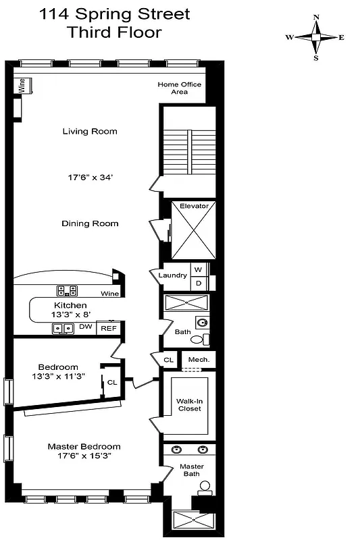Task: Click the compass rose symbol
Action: click(x=315, y=37)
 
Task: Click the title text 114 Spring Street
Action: click(x=113, y=14)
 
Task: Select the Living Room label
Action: click(x=90, y=131)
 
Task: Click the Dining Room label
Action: click(x=90, y=223)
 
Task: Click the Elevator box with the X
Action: click(x=193, y=231)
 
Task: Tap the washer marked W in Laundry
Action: click(x=199, y=269)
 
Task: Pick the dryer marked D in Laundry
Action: click(x=199, y=283)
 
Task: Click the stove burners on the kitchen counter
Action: click(x=67, y=291)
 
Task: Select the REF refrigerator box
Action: click(x=107, y=328)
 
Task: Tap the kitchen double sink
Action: click(x=64, y=329)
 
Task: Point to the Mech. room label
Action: click(x=199, y=360)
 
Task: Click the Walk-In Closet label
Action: click(x=189, y=404)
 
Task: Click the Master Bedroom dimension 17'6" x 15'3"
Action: click(x=84, y=456)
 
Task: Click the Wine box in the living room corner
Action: click(x=22, y=86)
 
